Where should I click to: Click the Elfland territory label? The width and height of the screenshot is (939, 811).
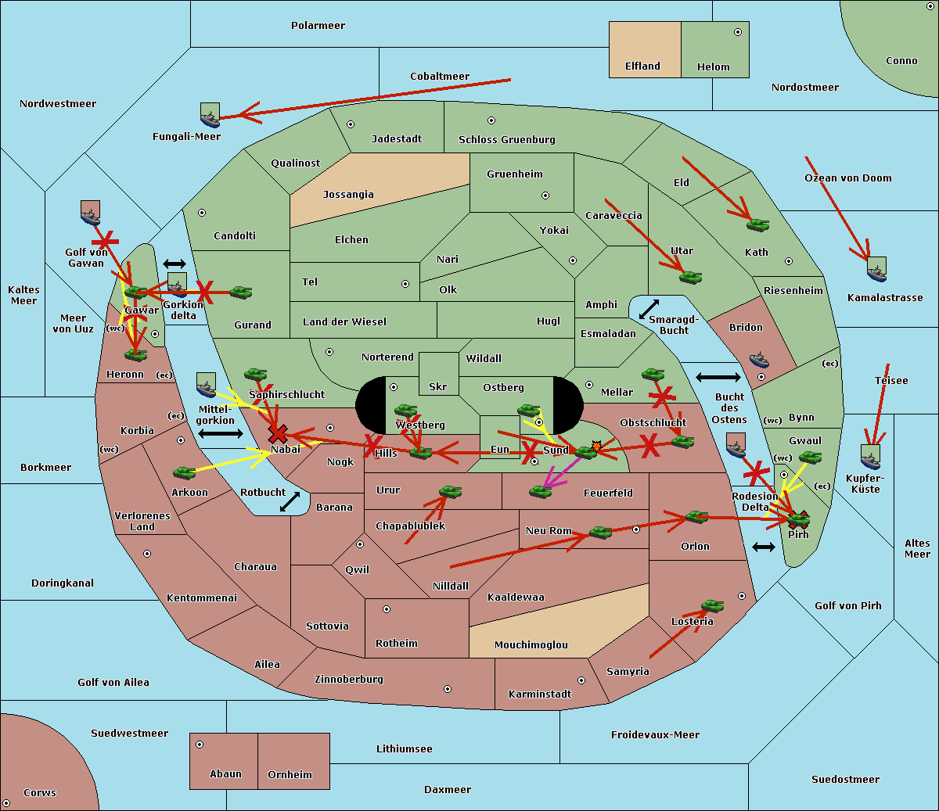coord(642,66)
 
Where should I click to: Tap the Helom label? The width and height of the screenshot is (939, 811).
coord(713,67)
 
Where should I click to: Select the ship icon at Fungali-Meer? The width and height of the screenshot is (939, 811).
coord(210,116)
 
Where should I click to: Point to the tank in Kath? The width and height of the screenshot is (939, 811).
coord(757,225)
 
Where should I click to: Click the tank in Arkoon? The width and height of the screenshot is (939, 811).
coord(184,472)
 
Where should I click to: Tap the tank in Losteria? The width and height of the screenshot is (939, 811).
coord(712,605)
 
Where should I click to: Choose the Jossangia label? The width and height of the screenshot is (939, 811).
coord(348,195)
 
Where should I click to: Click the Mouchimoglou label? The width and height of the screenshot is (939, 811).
coord(531,645)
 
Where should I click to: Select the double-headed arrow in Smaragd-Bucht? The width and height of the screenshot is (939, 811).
coord(649,310)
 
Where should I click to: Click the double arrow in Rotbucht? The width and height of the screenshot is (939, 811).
coord(290,502)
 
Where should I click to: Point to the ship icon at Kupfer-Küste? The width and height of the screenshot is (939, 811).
coord(870,457)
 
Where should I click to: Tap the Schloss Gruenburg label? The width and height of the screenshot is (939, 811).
coord(506,140)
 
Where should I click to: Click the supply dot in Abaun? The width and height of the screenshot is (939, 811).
coord(200,745)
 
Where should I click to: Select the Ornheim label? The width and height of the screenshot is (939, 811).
coord(290,775)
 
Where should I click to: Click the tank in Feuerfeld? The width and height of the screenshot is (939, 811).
coord(540,491)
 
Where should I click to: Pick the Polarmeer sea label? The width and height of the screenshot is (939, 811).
coord(318,26)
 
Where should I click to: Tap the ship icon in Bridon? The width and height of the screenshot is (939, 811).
coord(759,360)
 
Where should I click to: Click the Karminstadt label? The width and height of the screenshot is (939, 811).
coord(540,694)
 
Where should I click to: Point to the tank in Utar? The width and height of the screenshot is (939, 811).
coord(689,277)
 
